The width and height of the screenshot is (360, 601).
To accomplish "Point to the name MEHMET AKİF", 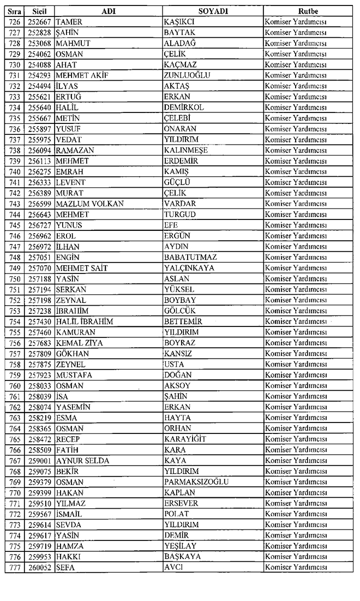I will pos(80,75).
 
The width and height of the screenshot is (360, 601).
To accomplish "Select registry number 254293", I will pos(39,75).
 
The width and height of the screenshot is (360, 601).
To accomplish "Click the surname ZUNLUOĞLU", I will pos(187,75).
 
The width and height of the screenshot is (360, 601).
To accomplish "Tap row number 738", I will pos(15,150).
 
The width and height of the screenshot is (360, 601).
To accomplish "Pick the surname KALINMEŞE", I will pos(187,150).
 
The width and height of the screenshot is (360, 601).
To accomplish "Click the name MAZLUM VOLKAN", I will pos(89,204).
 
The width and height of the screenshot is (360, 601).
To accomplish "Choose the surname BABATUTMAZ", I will pos(190,257).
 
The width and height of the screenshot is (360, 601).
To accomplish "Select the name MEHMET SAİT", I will pos(82,268).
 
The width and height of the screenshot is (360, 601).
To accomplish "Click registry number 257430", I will pos(39,322).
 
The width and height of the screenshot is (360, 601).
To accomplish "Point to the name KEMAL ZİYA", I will pos(80,343).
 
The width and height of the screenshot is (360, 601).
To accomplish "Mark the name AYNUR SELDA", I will pos(82,461).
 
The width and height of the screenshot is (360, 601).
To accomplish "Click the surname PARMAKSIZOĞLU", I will pos(196,482).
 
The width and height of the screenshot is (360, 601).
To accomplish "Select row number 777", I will pos(15,568).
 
